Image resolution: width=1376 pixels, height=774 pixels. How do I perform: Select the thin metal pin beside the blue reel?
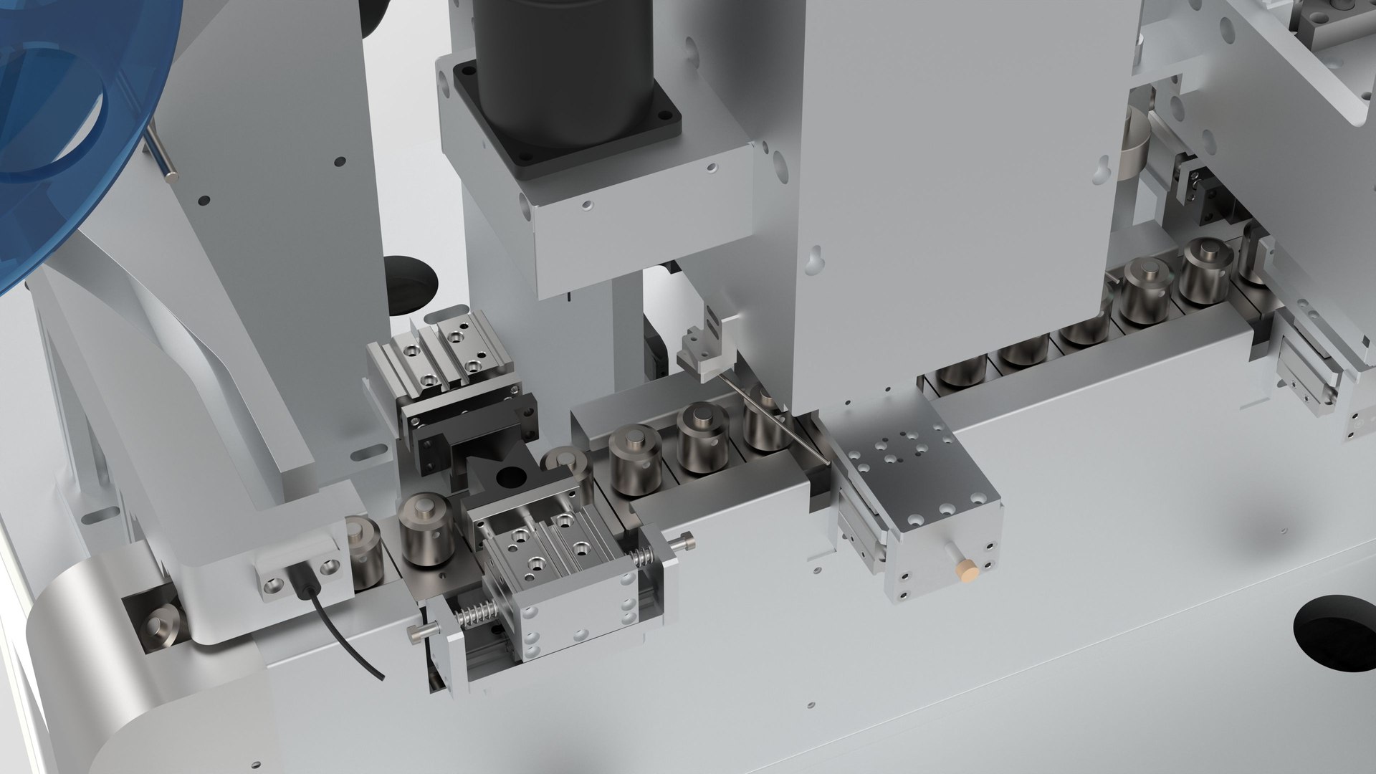pyautogui.click(x=163, y=154)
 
